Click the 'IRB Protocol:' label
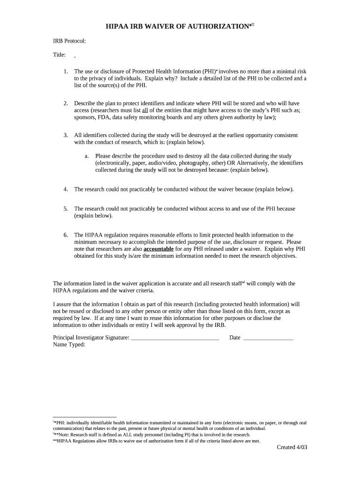69,41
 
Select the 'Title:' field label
59,55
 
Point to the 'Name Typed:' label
69,345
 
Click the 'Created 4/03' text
292,447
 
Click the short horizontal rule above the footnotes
85,417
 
